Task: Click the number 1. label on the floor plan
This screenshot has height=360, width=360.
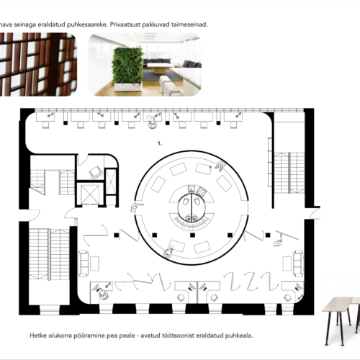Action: pos(160,143)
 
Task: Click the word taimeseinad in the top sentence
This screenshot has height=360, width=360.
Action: pos(189,24)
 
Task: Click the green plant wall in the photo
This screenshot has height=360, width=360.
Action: pos(127,65)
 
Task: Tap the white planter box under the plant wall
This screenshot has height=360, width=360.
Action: pos(128,87)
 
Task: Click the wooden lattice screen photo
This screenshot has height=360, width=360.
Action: pos(37,65)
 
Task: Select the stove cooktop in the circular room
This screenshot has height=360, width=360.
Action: pos(201,192)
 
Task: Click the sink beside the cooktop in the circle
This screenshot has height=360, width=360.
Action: pos(192,189)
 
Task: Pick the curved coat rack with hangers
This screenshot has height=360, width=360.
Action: pos(192,221)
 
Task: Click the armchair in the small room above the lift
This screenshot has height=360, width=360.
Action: pos(96,172)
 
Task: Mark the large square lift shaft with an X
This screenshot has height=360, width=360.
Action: pos(90,194)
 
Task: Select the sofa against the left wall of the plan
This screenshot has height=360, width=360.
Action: pos(84,263)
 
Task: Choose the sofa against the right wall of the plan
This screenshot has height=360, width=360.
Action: pos(298,264)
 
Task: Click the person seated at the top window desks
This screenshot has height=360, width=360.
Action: pos(152,124)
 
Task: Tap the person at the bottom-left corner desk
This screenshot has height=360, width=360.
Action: pos(103,294)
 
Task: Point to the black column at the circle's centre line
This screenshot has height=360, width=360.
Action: pos(192,235)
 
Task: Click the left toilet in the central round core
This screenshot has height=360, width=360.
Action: pos(186,202)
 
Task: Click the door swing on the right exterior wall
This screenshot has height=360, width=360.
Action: pos(315,213)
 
